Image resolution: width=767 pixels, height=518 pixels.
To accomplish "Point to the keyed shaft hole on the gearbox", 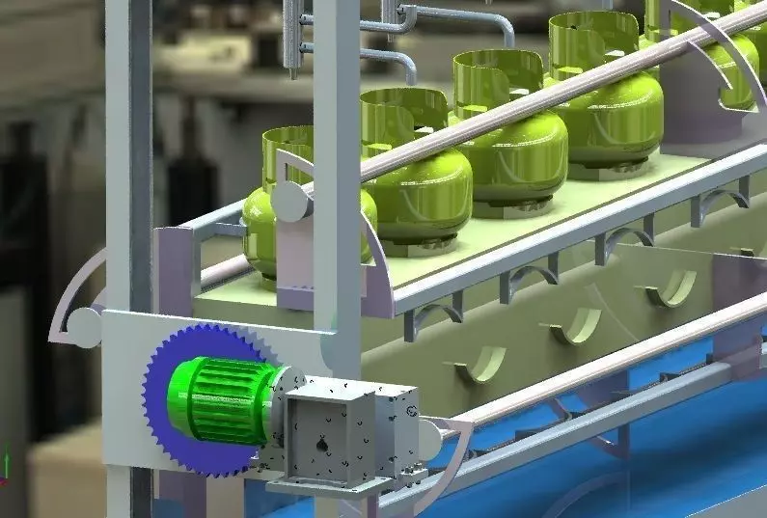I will click(x=322, y=446).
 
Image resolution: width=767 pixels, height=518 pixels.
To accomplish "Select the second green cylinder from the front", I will click(x=417, y=183).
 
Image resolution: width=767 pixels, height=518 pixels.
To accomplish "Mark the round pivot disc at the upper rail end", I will click(x=288, y=203).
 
